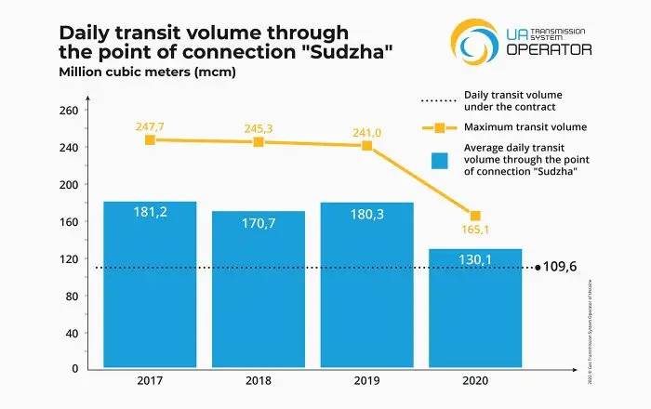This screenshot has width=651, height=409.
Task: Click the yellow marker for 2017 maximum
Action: [x=150, y=139]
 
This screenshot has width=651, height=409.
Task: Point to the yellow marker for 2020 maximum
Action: [x=475, y=216]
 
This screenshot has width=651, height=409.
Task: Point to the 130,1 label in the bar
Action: [x=475, y=261]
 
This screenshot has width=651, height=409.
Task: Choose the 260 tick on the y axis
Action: [x=68, y=110]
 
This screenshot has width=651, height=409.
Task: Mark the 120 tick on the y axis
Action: [x=68, y=257]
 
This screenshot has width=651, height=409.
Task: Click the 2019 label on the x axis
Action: [x=366, y=381]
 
